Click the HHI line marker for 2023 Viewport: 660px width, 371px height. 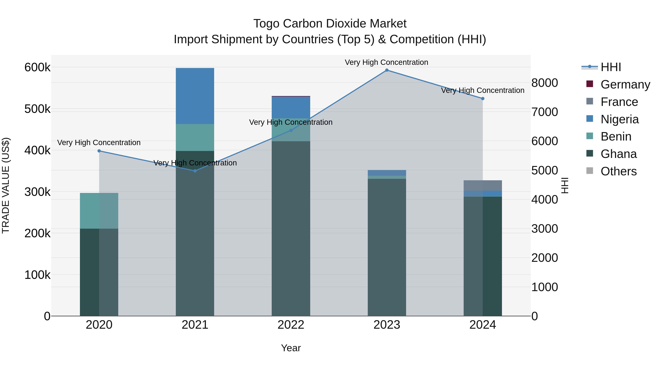point(387,70)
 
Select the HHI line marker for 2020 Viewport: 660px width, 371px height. point(99,151)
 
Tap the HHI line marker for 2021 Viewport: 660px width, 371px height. point(195,171)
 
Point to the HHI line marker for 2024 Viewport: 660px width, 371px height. point(483,99)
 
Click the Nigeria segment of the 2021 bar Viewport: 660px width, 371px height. point(195,96)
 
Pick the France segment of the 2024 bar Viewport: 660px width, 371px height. point(483,185)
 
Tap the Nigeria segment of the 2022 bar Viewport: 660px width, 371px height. point(291,107)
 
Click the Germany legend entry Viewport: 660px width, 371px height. point(625,84)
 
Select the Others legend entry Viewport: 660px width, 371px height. point(619,171)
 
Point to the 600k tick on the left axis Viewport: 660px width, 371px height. point(37,68)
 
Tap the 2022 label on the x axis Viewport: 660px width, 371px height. point(291,325)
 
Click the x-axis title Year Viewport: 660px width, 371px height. point(291,348)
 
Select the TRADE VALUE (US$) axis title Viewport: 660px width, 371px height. point(6,185)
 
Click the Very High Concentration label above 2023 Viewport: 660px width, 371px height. point(386,62)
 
